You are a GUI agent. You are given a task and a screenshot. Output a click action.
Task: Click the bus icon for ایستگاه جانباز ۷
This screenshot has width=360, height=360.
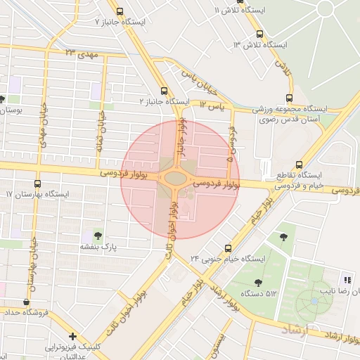click(120, 11)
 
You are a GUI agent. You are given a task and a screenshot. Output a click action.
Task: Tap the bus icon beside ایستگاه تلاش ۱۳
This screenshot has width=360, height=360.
click(260, 34)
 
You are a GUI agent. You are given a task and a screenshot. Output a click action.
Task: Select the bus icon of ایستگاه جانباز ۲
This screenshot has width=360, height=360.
click(165, 91)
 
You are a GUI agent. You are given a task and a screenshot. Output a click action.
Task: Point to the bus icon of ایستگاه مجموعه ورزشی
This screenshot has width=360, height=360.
click(289, 98)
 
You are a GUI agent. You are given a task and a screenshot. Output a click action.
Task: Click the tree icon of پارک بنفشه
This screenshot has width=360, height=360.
click(97, 236)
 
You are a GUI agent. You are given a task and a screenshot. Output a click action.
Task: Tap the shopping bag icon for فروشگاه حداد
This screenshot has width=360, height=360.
click(27, 302)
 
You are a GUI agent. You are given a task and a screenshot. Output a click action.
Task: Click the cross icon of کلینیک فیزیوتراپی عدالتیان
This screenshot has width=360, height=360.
click(73, 336)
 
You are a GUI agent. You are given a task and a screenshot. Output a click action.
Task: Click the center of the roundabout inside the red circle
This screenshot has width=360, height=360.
click(173, 178)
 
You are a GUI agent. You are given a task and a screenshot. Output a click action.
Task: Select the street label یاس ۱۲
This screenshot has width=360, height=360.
click(211, 105)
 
